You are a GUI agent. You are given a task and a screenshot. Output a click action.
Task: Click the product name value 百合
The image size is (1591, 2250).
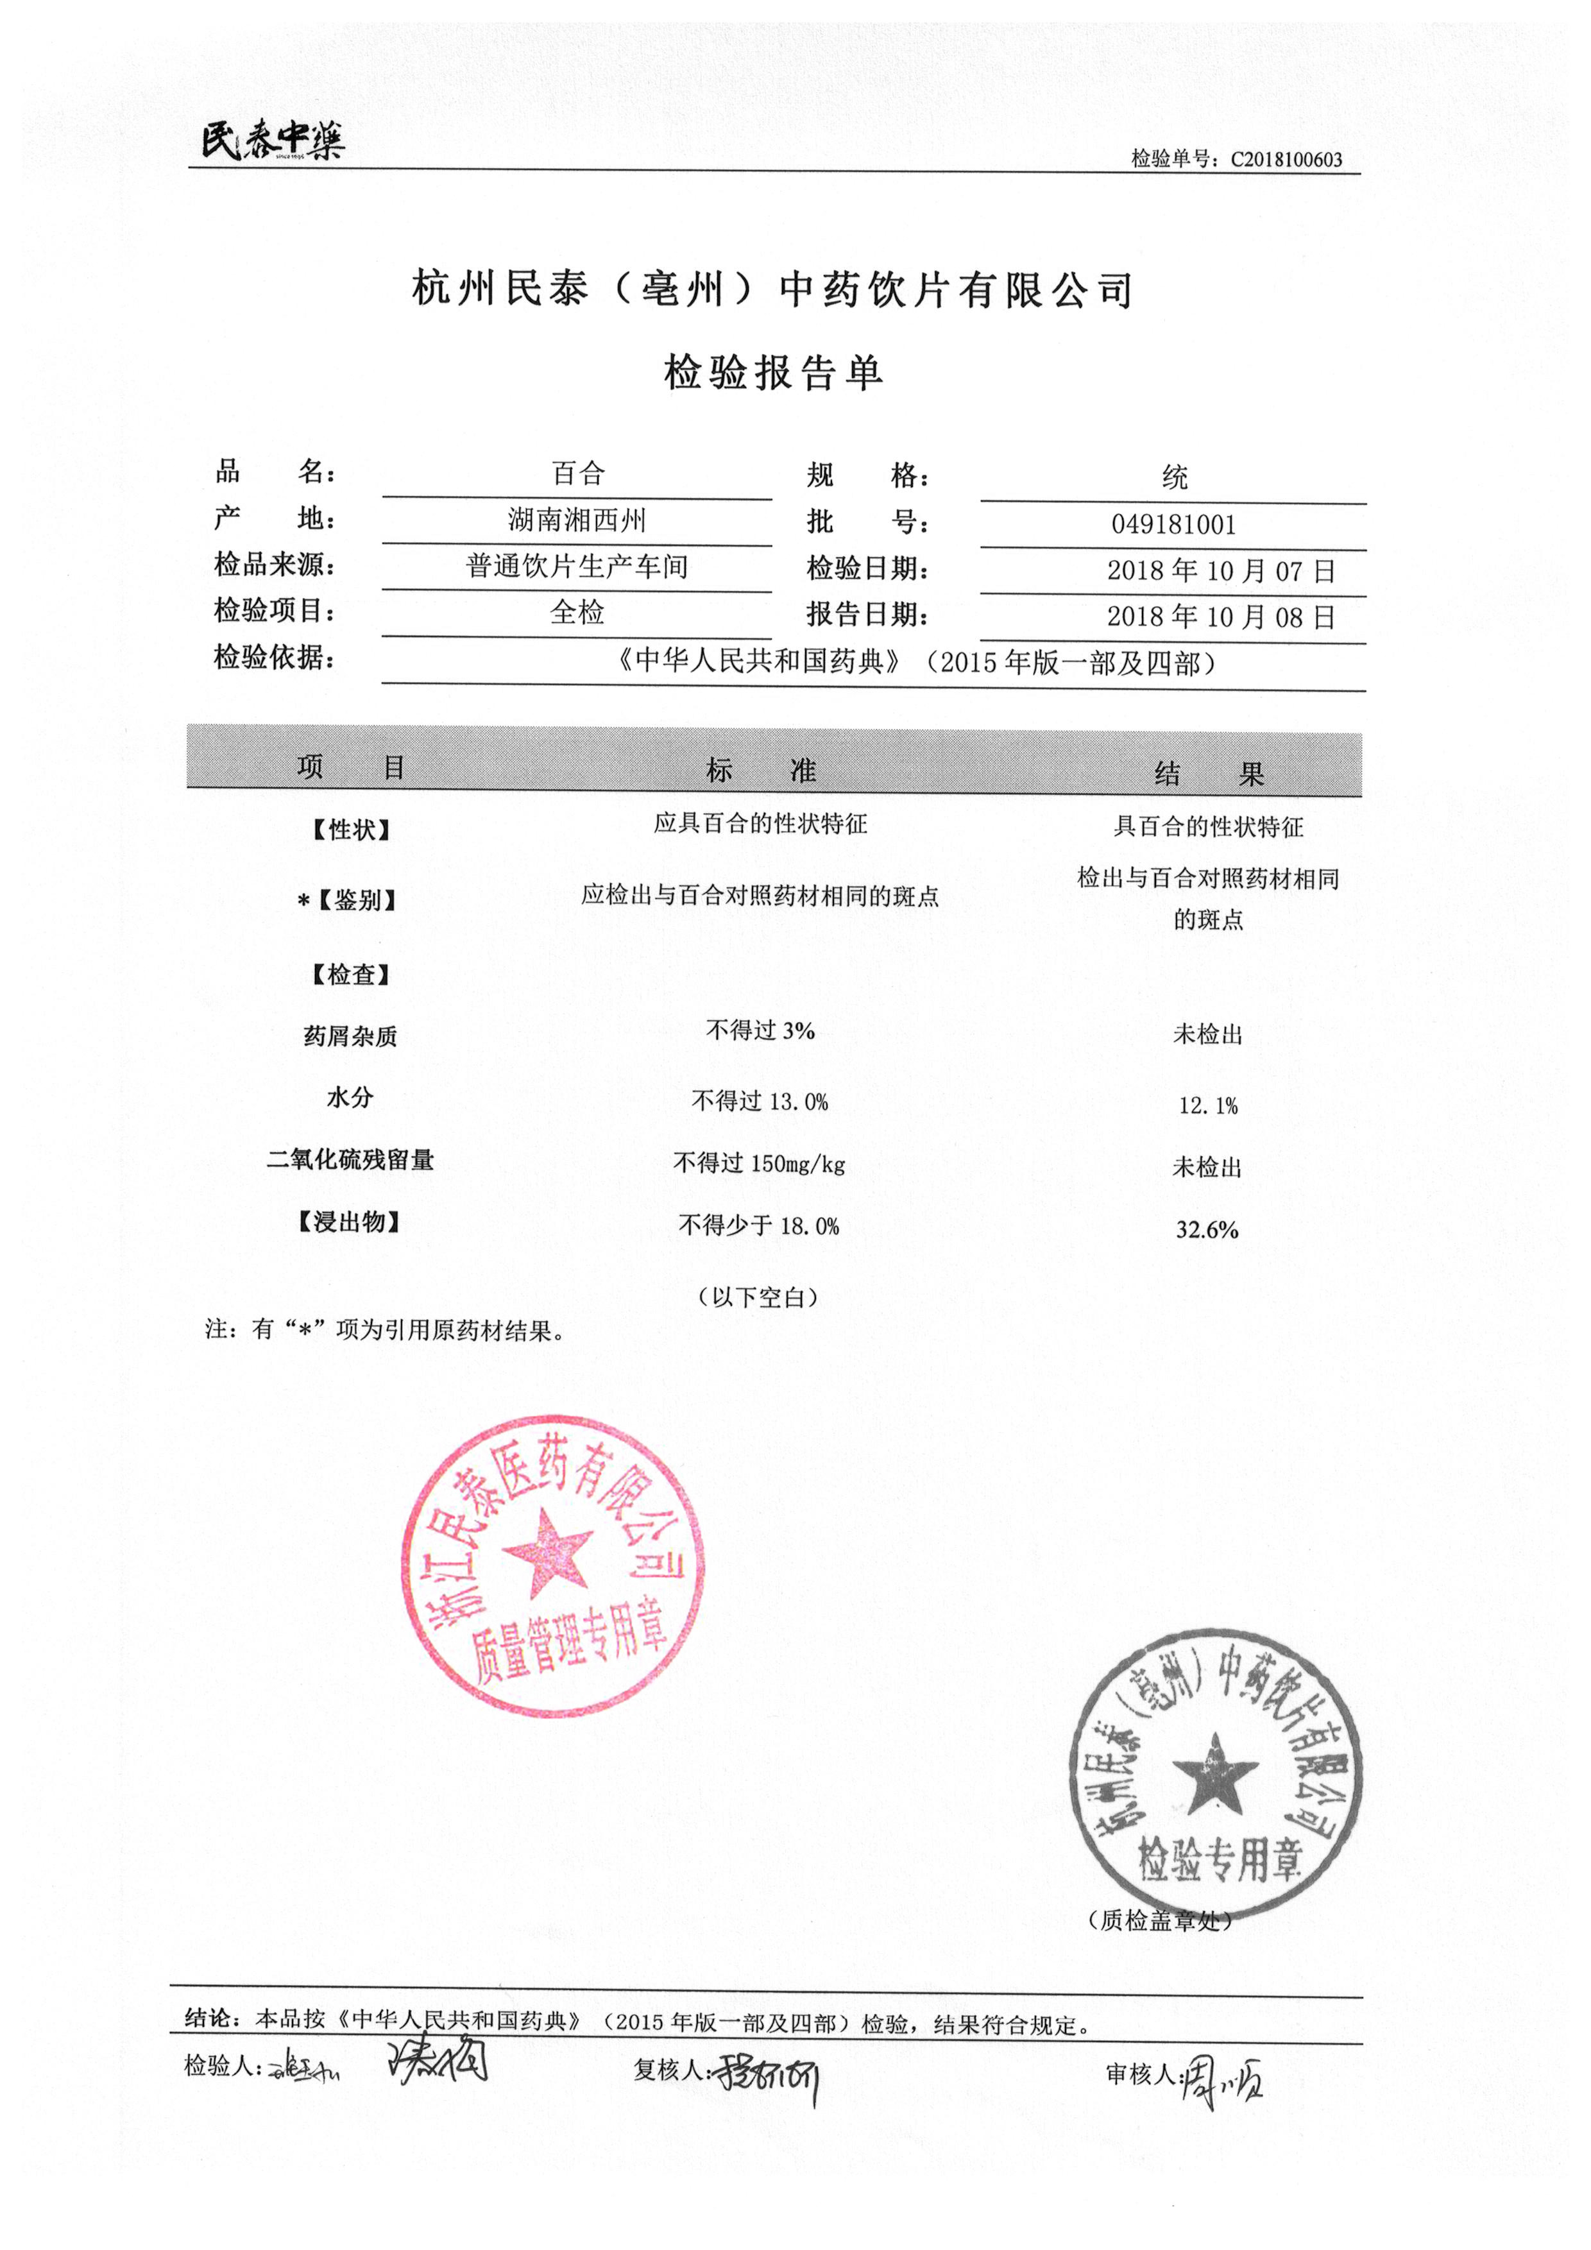[578, 474]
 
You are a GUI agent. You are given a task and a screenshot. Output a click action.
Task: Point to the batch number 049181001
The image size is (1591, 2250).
[1173, 524]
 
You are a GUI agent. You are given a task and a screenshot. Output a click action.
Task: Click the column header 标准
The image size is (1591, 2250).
[761, 771]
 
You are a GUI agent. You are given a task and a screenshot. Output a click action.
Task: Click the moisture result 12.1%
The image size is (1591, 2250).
[1208, 1106]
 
